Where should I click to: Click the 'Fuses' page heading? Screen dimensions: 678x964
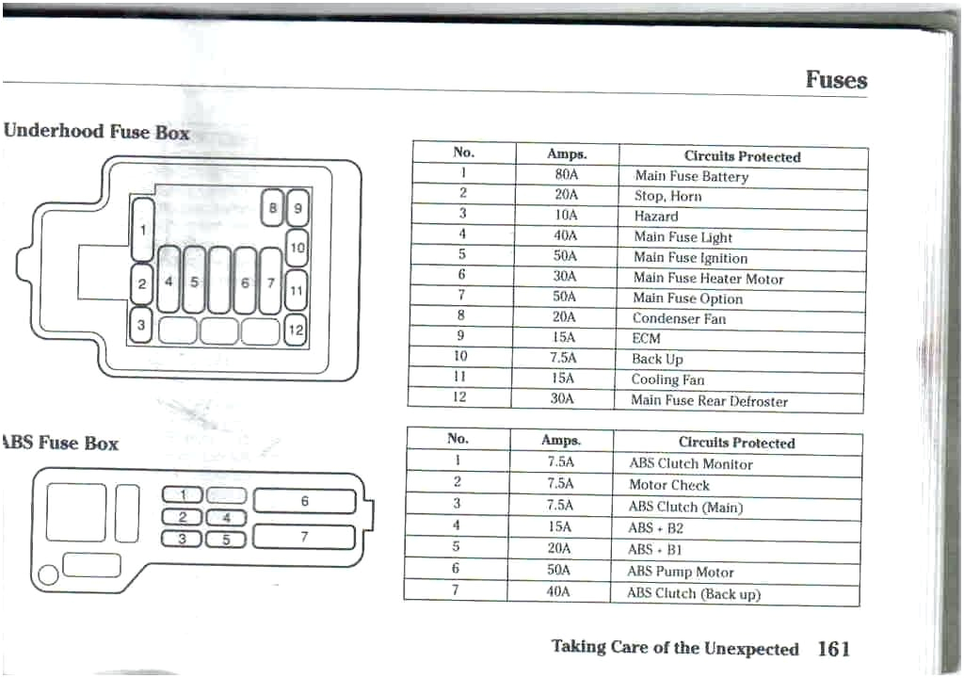point(836,80)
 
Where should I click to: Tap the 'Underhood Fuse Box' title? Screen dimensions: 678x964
point(96,132)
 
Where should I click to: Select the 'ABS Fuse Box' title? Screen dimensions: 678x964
point(62,443)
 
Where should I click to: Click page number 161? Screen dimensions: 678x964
point(834,649)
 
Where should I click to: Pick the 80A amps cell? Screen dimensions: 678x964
point(567,174)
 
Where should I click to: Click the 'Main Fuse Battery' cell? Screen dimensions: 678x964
point(691,176)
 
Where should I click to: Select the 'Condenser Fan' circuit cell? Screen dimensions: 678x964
point(679,319)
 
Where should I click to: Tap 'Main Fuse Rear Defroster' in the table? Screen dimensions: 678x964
point(709,401)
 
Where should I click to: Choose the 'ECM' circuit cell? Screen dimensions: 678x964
point(646,339)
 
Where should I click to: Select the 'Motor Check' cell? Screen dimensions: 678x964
point(668,485)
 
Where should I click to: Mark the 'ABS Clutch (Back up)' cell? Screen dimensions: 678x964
point(693,593)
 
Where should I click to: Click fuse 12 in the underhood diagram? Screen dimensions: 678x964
point(296,330)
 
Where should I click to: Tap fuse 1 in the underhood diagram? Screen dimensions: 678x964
point(143,229)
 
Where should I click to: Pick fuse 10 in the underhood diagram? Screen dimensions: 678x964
point(297,249)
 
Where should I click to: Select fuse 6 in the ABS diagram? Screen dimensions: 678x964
point(304,502)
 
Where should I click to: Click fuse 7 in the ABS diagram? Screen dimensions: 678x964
point(304,537)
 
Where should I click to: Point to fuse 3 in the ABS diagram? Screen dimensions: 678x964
point(184,539)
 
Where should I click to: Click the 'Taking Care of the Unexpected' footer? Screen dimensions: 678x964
point(674,648)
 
